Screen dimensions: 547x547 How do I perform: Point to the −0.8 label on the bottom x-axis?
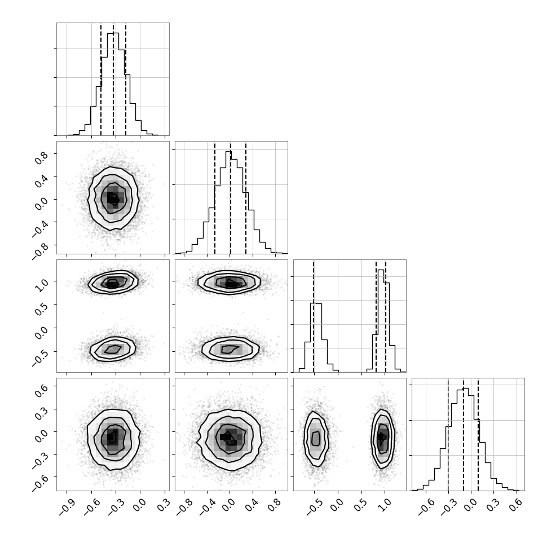[x=183, y=508]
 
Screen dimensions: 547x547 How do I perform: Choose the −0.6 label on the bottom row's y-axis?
[x=41, y=483]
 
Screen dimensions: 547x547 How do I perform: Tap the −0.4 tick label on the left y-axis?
[x=41, y=228]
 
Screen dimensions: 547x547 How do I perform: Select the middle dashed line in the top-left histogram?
[x=113, y=79]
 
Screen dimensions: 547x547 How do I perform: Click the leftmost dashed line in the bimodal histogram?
[x=314, y=316]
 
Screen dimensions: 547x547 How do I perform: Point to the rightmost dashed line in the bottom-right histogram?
[x=478, y=434]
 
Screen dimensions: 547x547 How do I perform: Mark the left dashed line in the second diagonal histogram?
[x=215, y=198]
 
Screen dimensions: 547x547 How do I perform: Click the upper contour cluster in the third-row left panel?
[x=113, y=282]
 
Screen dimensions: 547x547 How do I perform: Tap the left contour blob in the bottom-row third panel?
[x=316, y=439]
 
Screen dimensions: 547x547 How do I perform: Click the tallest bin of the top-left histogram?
[x=113, y=84]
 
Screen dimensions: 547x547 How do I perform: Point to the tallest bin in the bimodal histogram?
[x=381, y=321]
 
